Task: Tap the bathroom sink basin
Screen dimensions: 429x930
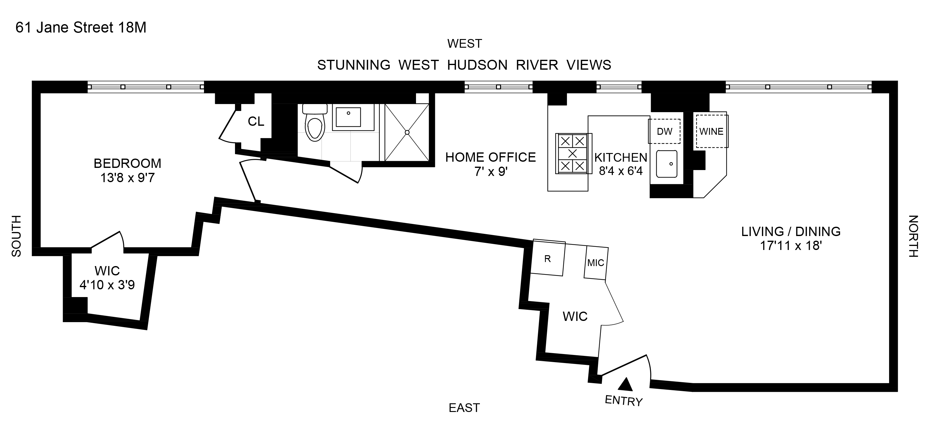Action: click(348, 116)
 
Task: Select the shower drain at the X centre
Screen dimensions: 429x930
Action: click(407, 132)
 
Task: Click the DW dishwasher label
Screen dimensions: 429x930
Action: click(664, 132)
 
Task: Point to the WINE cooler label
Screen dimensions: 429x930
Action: click(711, 132)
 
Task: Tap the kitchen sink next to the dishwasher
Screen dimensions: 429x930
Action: click(666, 164)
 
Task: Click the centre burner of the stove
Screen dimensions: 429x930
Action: click(573, 154)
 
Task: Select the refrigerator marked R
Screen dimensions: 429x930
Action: click(547, 259)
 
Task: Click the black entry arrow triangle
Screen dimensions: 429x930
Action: click(625, 385)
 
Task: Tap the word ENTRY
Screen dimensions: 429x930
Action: click(623, 401)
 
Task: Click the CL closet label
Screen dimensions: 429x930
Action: click(256, 122)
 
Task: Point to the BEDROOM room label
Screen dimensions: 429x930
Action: click(127, 164)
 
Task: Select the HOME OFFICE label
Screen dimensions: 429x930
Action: click(490, 157)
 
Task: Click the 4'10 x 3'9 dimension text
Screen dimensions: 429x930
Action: click(107, 285)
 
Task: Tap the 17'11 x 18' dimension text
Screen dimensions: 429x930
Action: click(790, 246)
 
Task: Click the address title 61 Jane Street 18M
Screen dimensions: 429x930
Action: click(81, 28)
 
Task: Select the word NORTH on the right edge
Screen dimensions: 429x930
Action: click(913, 236)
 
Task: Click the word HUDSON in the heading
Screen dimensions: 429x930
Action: click(477, 65)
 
